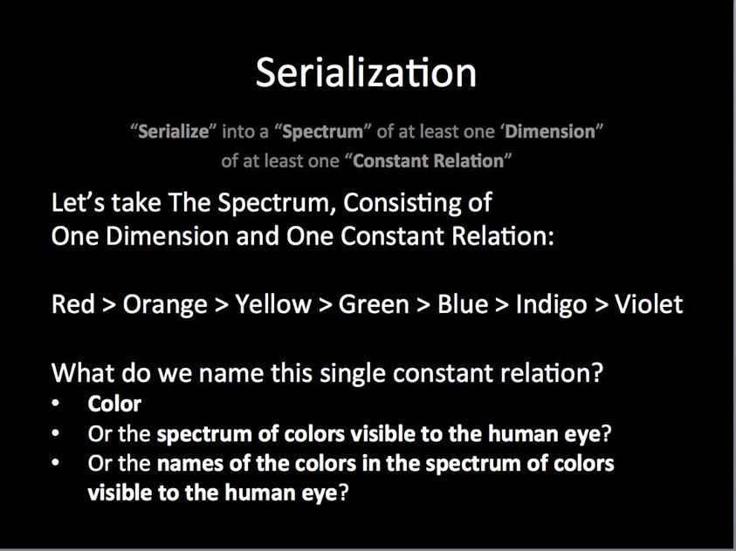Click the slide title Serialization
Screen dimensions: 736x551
pos(366,72)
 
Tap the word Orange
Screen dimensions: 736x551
pos(165,305)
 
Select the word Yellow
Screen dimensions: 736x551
pos(272,304)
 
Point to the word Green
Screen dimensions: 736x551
pos(374,304)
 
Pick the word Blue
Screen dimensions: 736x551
pos(463,304)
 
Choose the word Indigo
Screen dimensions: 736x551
pos(552,305)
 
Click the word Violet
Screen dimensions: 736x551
pos(649,304)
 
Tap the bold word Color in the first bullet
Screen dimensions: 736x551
pos(114,404)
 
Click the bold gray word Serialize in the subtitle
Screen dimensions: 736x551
pos(173,132)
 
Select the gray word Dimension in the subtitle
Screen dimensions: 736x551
pos(550,132)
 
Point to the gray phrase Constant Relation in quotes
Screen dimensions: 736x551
pos(428,161)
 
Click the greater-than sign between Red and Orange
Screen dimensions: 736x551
pos(108,305)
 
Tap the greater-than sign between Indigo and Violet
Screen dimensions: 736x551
pos(602,305)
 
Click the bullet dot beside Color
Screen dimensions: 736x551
pos(56,403)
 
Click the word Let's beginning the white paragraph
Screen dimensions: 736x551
pos(78,203)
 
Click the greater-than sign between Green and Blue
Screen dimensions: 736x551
pos(423,305)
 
